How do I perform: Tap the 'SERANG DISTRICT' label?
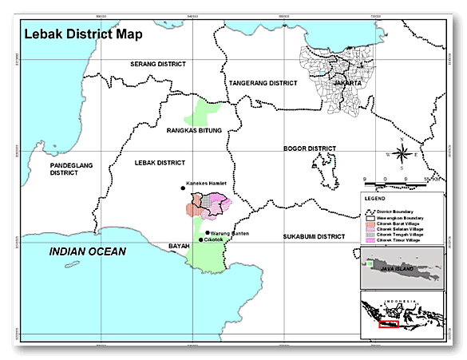(x=159, y=63)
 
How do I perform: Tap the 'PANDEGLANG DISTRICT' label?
(x=69, y=168)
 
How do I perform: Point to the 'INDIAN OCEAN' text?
(x=88, y=251)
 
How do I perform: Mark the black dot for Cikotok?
(x=200, y=240)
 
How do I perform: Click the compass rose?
(x=405, y=152)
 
